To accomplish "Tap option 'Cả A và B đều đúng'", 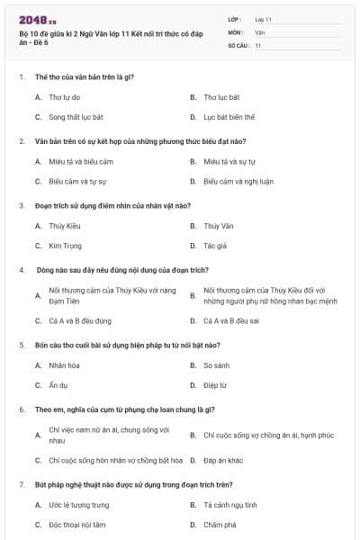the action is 80,320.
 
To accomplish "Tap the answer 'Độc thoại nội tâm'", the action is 77,525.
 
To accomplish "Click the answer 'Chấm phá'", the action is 219,525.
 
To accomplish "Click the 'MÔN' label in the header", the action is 235,31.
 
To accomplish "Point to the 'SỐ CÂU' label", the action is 238,44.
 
